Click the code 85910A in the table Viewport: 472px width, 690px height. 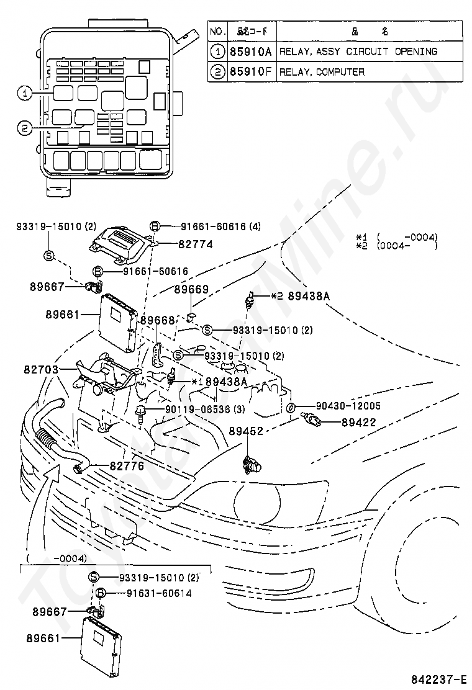[250, 52]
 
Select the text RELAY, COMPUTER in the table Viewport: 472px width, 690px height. [322, 72]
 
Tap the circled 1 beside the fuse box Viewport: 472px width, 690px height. [24, 94]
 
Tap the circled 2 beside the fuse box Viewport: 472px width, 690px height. [24, 128]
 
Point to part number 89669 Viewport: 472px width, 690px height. [191, 289]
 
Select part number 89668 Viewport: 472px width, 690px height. [157, 320]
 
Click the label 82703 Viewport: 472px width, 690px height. [42, 370]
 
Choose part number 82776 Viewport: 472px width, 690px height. [127, 466]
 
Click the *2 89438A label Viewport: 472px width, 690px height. [299, 296]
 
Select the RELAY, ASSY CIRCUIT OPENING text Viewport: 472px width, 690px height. [358, 52]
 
